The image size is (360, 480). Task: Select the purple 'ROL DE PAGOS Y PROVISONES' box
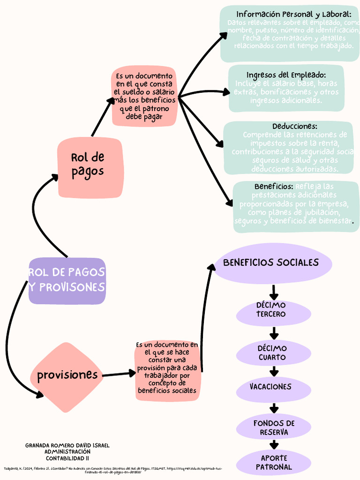click(67, 280)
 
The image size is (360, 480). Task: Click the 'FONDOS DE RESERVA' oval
click(274, 427)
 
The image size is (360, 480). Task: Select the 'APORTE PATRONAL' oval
click(274, 462)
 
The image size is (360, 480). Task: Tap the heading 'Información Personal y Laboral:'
click(293, 14)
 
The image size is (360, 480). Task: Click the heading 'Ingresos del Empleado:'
click(286, 75)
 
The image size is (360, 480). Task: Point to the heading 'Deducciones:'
click(294, 127)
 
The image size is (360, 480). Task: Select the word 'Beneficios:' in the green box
click(274, 187)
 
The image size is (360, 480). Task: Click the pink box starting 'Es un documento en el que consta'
click(144, 97)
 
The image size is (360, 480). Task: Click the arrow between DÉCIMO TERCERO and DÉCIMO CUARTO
click(274, 334)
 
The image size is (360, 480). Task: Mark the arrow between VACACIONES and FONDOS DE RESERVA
click(274, 408)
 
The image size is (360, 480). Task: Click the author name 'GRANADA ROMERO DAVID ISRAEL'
click(67, 445)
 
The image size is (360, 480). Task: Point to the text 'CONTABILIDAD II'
click(67, 458)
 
